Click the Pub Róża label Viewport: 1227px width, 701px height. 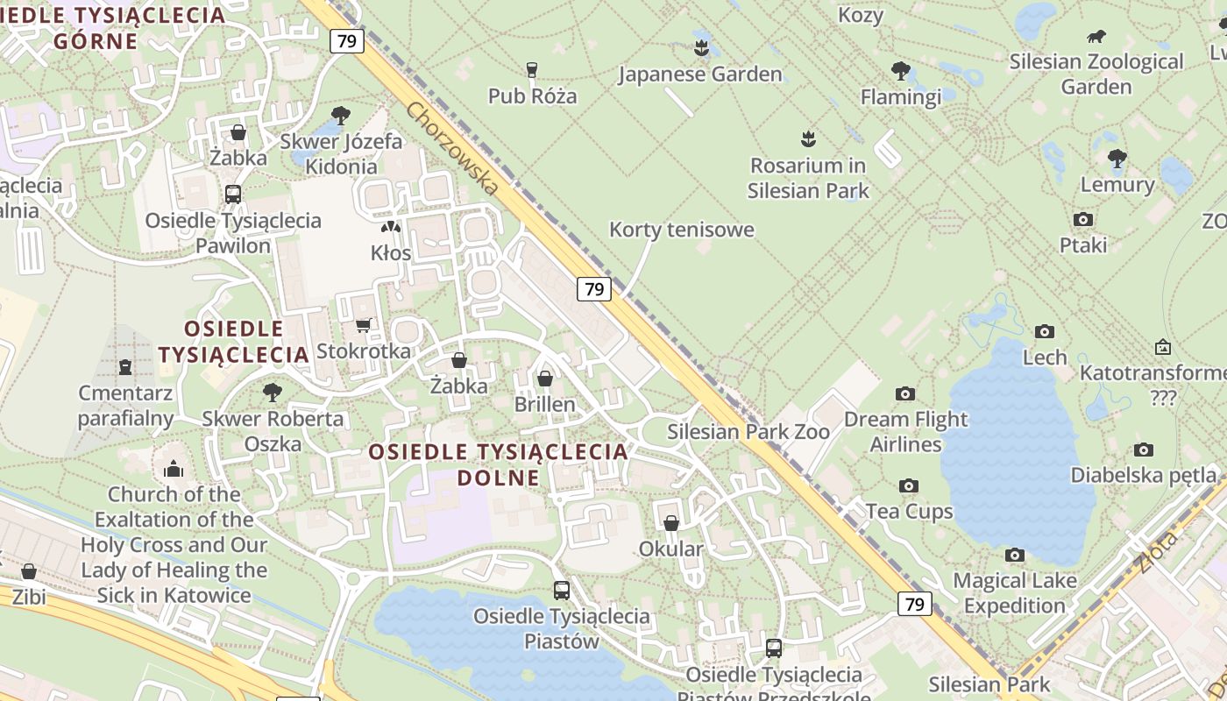[532, 96]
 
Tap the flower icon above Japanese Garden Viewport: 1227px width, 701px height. [700, 46]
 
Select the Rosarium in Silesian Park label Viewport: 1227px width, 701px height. [807, 178]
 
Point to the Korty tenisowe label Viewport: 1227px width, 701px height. [681, 230]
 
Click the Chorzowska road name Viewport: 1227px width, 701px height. [452, 148]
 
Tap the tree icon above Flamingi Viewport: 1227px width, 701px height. [900, 71]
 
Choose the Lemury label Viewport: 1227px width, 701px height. [1117, 185]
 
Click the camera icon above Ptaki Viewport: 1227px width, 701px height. [1083, 219]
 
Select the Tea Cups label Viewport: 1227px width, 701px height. [909, 511]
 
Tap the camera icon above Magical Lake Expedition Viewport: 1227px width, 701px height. [1015, 555]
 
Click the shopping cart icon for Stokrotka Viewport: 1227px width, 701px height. [364, 325]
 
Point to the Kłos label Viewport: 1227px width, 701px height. [391, 253]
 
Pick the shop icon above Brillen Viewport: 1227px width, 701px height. [545, 379]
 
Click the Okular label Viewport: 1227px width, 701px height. [670, 549]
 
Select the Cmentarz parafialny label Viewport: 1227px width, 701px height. [125, 405]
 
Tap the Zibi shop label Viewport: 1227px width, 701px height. [28, 597]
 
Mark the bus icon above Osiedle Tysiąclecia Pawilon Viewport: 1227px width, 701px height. [233, 195]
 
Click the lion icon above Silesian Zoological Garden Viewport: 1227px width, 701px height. [1096, 37]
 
